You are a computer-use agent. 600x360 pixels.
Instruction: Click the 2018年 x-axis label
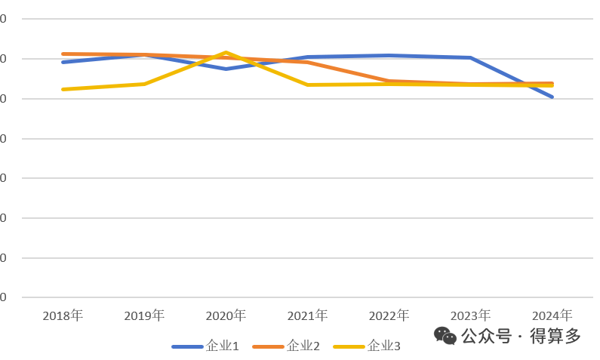(x=63, y=315)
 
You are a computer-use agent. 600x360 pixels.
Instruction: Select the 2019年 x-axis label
(x=144, y=315)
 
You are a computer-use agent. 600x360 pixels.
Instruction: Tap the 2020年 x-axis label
(x=226, y=315)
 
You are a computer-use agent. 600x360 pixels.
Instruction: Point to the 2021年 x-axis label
(x=307, y=315)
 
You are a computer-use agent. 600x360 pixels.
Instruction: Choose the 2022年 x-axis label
(x=389, y=315)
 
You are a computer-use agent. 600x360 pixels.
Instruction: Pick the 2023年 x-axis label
(x=470, y=315)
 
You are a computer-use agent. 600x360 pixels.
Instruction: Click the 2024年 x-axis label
(x=552, y=315)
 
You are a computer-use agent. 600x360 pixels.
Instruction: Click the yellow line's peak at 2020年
(x=226, y=53)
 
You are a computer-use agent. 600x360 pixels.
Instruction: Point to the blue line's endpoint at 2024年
(x=552, y=97)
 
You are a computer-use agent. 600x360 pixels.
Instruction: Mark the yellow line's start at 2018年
(x=63, y=89)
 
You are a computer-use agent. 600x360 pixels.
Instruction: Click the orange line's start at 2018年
(x=63, y=54)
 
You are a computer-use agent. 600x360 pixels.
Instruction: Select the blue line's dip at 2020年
(x=226, y=69)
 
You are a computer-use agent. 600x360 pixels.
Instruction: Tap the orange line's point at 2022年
(x=389, y=81)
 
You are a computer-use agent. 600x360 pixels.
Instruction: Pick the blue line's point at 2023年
(x=470, y=57)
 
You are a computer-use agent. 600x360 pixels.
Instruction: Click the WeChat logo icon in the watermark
(x=445, y=336)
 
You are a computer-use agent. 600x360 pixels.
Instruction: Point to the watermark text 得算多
(x=556, y=336)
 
